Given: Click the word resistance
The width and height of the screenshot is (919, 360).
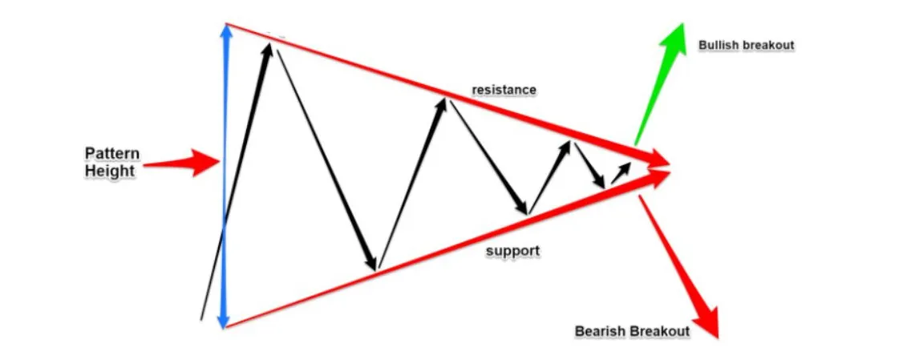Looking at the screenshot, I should pos(504,89).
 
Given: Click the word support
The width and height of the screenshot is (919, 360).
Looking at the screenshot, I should pos(512,251).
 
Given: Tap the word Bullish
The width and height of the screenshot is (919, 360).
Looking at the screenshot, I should pos(719,46).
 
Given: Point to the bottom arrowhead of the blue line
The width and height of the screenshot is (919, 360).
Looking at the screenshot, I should pos(226,319).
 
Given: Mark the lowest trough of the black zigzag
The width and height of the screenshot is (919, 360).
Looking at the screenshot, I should pos(374,269).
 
